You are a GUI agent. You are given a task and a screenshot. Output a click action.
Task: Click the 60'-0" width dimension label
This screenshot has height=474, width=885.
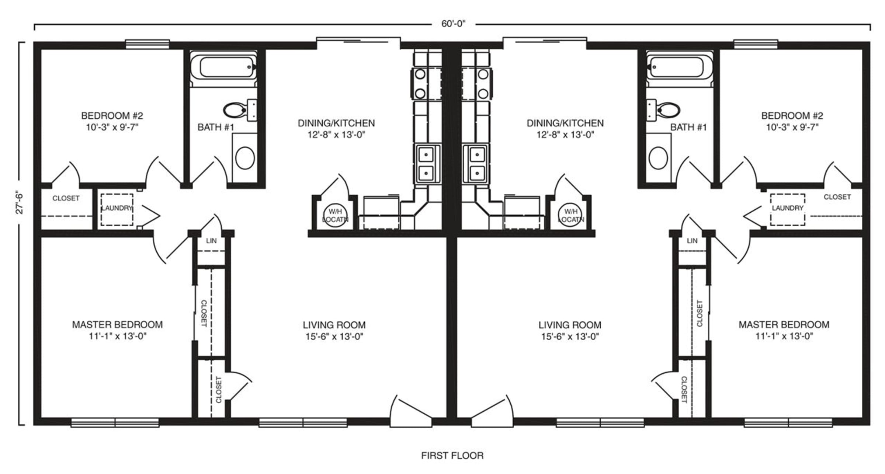(x=454, y=24)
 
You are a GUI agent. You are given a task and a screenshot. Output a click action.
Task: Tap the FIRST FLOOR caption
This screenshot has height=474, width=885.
(x=452, y=456)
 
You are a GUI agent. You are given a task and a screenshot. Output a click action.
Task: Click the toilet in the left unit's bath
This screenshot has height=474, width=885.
(x=240, y=110)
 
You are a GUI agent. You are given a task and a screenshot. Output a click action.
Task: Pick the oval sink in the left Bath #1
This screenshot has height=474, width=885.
(x=245, y=158)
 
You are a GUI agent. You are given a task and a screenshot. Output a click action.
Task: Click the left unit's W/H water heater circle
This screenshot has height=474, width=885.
(x=335, y=215)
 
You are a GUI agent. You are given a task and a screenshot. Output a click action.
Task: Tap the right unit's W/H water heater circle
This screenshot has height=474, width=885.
(x=570, y=215)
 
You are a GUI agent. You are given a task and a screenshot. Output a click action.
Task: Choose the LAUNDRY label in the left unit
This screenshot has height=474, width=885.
(x=117, y=208)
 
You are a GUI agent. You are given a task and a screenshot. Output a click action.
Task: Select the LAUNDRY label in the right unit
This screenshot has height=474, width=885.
(x=788, y=208)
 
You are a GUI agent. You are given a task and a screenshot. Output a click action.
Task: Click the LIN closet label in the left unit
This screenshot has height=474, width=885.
(x=211, y=241)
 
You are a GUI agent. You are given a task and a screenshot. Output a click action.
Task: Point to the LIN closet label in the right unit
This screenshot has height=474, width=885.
(x=692, y=241)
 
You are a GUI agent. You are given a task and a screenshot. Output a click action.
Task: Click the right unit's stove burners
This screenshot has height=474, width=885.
(x=477, y=84)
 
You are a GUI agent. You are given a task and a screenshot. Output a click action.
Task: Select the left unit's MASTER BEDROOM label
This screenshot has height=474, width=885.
(x=117, y=325)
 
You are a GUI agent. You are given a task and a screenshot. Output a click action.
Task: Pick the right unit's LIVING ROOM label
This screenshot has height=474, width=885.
(x=570, y=325)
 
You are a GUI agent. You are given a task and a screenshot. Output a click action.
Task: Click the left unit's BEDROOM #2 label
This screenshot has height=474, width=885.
(x=112, y=116)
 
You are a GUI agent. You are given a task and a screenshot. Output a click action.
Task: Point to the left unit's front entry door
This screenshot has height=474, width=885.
(x=411, y=411)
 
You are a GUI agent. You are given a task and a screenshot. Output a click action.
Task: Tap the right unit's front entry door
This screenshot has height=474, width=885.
(x=492, y=411)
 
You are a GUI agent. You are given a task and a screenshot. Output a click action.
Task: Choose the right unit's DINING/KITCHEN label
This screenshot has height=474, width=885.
(x=565, y=123)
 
